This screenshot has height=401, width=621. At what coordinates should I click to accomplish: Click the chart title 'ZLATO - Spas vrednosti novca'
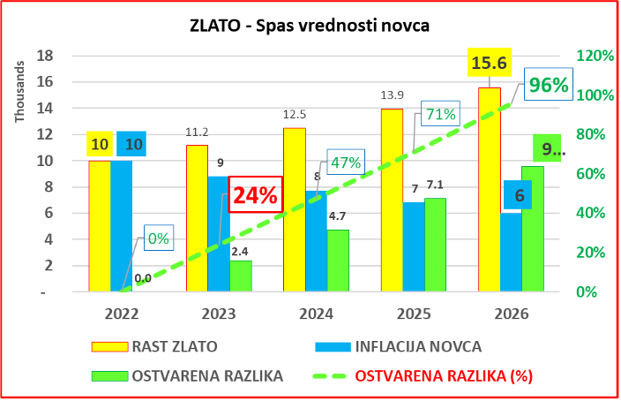coord(310,26)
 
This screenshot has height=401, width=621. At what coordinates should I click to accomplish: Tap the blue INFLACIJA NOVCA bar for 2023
coord(219,233)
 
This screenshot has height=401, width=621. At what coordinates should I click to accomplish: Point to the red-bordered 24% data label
coord(254,195)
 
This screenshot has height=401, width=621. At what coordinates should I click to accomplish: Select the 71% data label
coord(438,114)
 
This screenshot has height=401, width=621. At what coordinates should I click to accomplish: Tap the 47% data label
coord(346,163)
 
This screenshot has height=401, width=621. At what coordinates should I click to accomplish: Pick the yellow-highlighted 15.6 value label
coord(488,64)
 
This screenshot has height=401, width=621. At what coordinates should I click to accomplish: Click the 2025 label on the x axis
coord(412,313)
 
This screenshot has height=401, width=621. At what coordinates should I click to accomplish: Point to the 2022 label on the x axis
coord(121,313)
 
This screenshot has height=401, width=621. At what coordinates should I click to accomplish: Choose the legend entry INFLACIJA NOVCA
coord(407,345)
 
